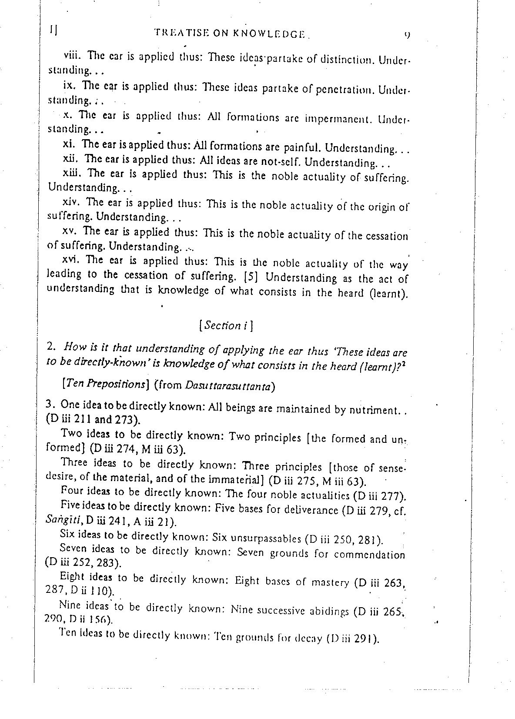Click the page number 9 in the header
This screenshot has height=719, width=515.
tap(407, 35)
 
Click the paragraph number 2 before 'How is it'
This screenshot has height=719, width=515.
tap(51, 347)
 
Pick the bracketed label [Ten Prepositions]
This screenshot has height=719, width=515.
tap(101, 384)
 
